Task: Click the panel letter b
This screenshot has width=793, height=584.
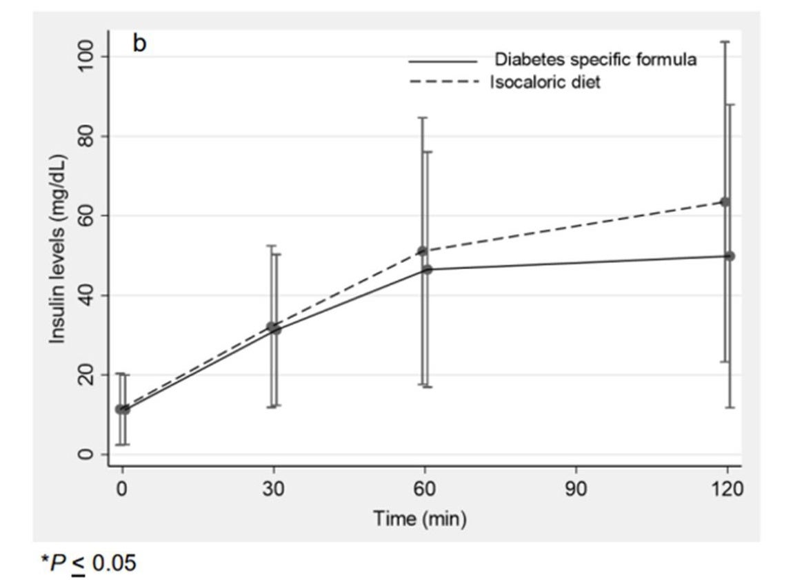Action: [x=140, y=45]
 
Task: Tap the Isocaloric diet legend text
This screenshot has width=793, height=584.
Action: [x=545, y=82]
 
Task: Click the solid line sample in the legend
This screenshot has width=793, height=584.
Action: [x=443, y=61]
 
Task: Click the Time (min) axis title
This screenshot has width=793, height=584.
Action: [x=420, y=518]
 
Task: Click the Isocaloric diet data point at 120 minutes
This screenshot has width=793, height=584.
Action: [x=725, y=202]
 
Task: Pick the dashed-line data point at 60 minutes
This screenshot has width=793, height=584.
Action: [x=423, y=251]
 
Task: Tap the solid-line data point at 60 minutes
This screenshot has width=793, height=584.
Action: [x=428, y=269]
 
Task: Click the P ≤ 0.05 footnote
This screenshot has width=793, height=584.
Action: [x=88, y=563]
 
